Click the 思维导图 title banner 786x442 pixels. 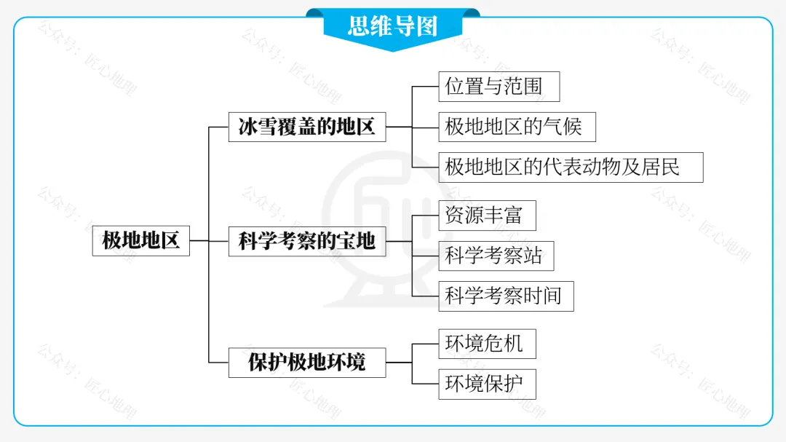click(x=393, y=26)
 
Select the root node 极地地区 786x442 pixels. click(x=140, y=240)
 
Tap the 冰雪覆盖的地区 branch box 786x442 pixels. click(x=306, y=127)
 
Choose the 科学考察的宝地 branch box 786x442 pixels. click(x=306, y=241)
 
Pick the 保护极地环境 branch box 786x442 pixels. click(x=306, y=362)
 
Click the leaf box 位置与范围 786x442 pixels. click(x=499, y=87)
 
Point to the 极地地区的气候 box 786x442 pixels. click(x=517, y=127)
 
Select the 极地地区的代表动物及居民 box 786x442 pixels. click(x=571, y=167)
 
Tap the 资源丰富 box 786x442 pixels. click(x=487, y=216)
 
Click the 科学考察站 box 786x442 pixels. click(x=496, y=256)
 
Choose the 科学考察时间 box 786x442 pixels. click(x=506, y=296)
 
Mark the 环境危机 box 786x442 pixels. click(x=487, y=344)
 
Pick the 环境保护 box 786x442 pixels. click(x=487, y=384)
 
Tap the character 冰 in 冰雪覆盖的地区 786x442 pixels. click(x=248, y=127)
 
